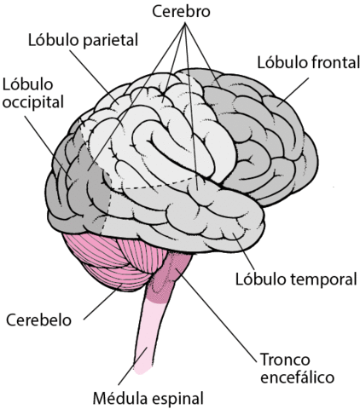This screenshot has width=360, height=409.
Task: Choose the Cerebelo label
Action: click(x=38, y=320)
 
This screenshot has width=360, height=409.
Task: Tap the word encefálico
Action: click(x=296, y=376)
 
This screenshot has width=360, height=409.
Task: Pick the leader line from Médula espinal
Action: click(x=139, y=367)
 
